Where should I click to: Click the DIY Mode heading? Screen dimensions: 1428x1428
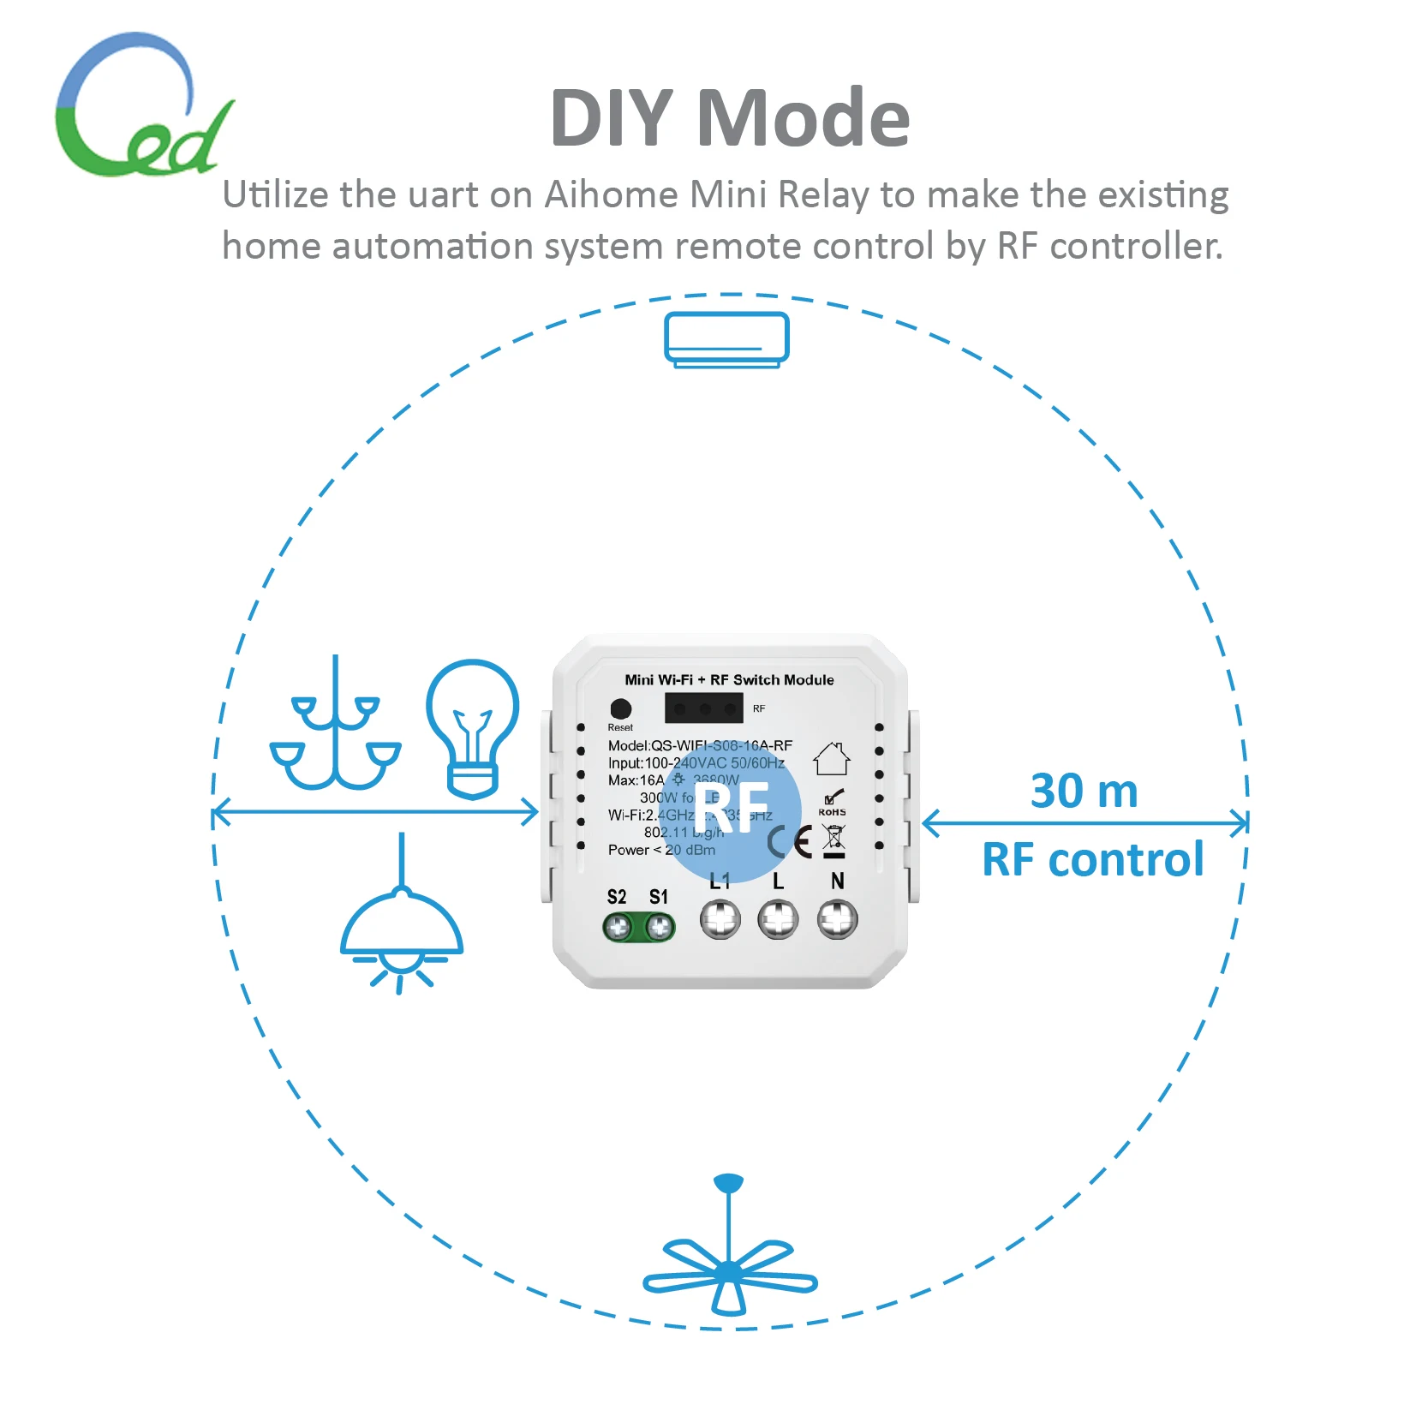pos(729,118)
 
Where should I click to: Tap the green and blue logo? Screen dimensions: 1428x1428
pos(141,107)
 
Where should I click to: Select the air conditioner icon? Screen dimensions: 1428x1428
pos(726,340)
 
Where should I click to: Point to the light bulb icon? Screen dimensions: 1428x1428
pos(473,728)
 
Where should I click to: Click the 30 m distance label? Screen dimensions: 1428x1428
pos(1084,791)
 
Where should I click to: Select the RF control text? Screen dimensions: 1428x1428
pos(1092,859)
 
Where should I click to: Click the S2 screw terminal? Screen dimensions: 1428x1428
pos(618,926)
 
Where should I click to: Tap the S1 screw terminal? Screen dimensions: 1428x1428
pos(659,926)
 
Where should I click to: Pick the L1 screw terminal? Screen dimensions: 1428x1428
pos(720,920)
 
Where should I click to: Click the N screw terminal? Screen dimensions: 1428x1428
pos(837,920)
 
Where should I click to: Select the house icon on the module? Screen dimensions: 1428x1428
pos(831,759)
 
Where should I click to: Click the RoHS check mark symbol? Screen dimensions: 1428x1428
pos(833,798)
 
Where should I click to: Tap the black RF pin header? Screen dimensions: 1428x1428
pos(704,708)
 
